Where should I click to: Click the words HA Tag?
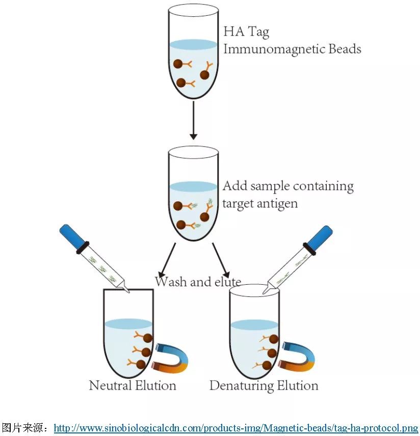tap(246, 32)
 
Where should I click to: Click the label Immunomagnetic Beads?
tap(292, 49)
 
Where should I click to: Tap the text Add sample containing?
tap(288, 186)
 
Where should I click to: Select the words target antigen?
tap(260, 203)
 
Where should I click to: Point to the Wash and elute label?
tap(198, 281)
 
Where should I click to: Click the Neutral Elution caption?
tap(133, 385)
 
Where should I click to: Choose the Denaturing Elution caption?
tap(264, 385)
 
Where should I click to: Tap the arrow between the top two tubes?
tap(193, 120)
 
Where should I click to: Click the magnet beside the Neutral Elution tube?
tap(171, 357)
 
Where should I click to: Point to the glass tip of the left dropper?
tap(124, 288)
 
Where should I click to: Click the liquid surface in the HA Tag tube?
tap(193, 45)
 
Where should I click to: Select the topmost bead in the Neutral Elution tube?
tap(148, 338)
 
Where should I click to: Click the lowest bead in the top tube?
tap(181, 83)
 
